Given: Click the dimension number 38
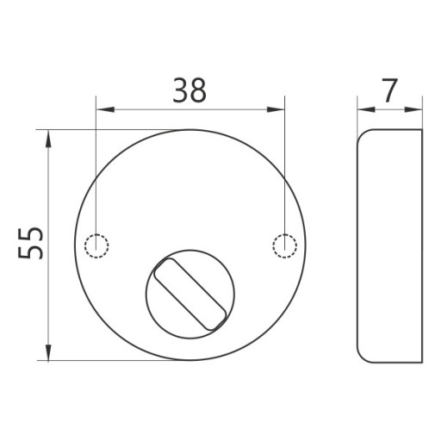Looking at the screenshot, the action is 189,90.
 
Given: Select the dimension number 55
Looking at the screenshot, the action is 30,244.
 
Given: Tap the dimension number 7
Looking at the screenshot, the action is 390,90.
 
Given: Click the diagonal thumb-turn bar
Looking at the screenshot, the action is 189,295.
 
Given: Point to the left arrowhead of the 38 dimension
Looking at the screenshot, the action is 106,109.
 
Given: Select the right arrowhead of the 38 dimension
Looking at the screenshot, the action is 276,109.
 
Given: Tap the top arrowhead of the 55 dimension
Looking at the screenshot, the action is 48,139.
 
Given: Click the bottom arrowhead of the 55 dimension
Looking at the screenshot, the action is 48,351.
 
